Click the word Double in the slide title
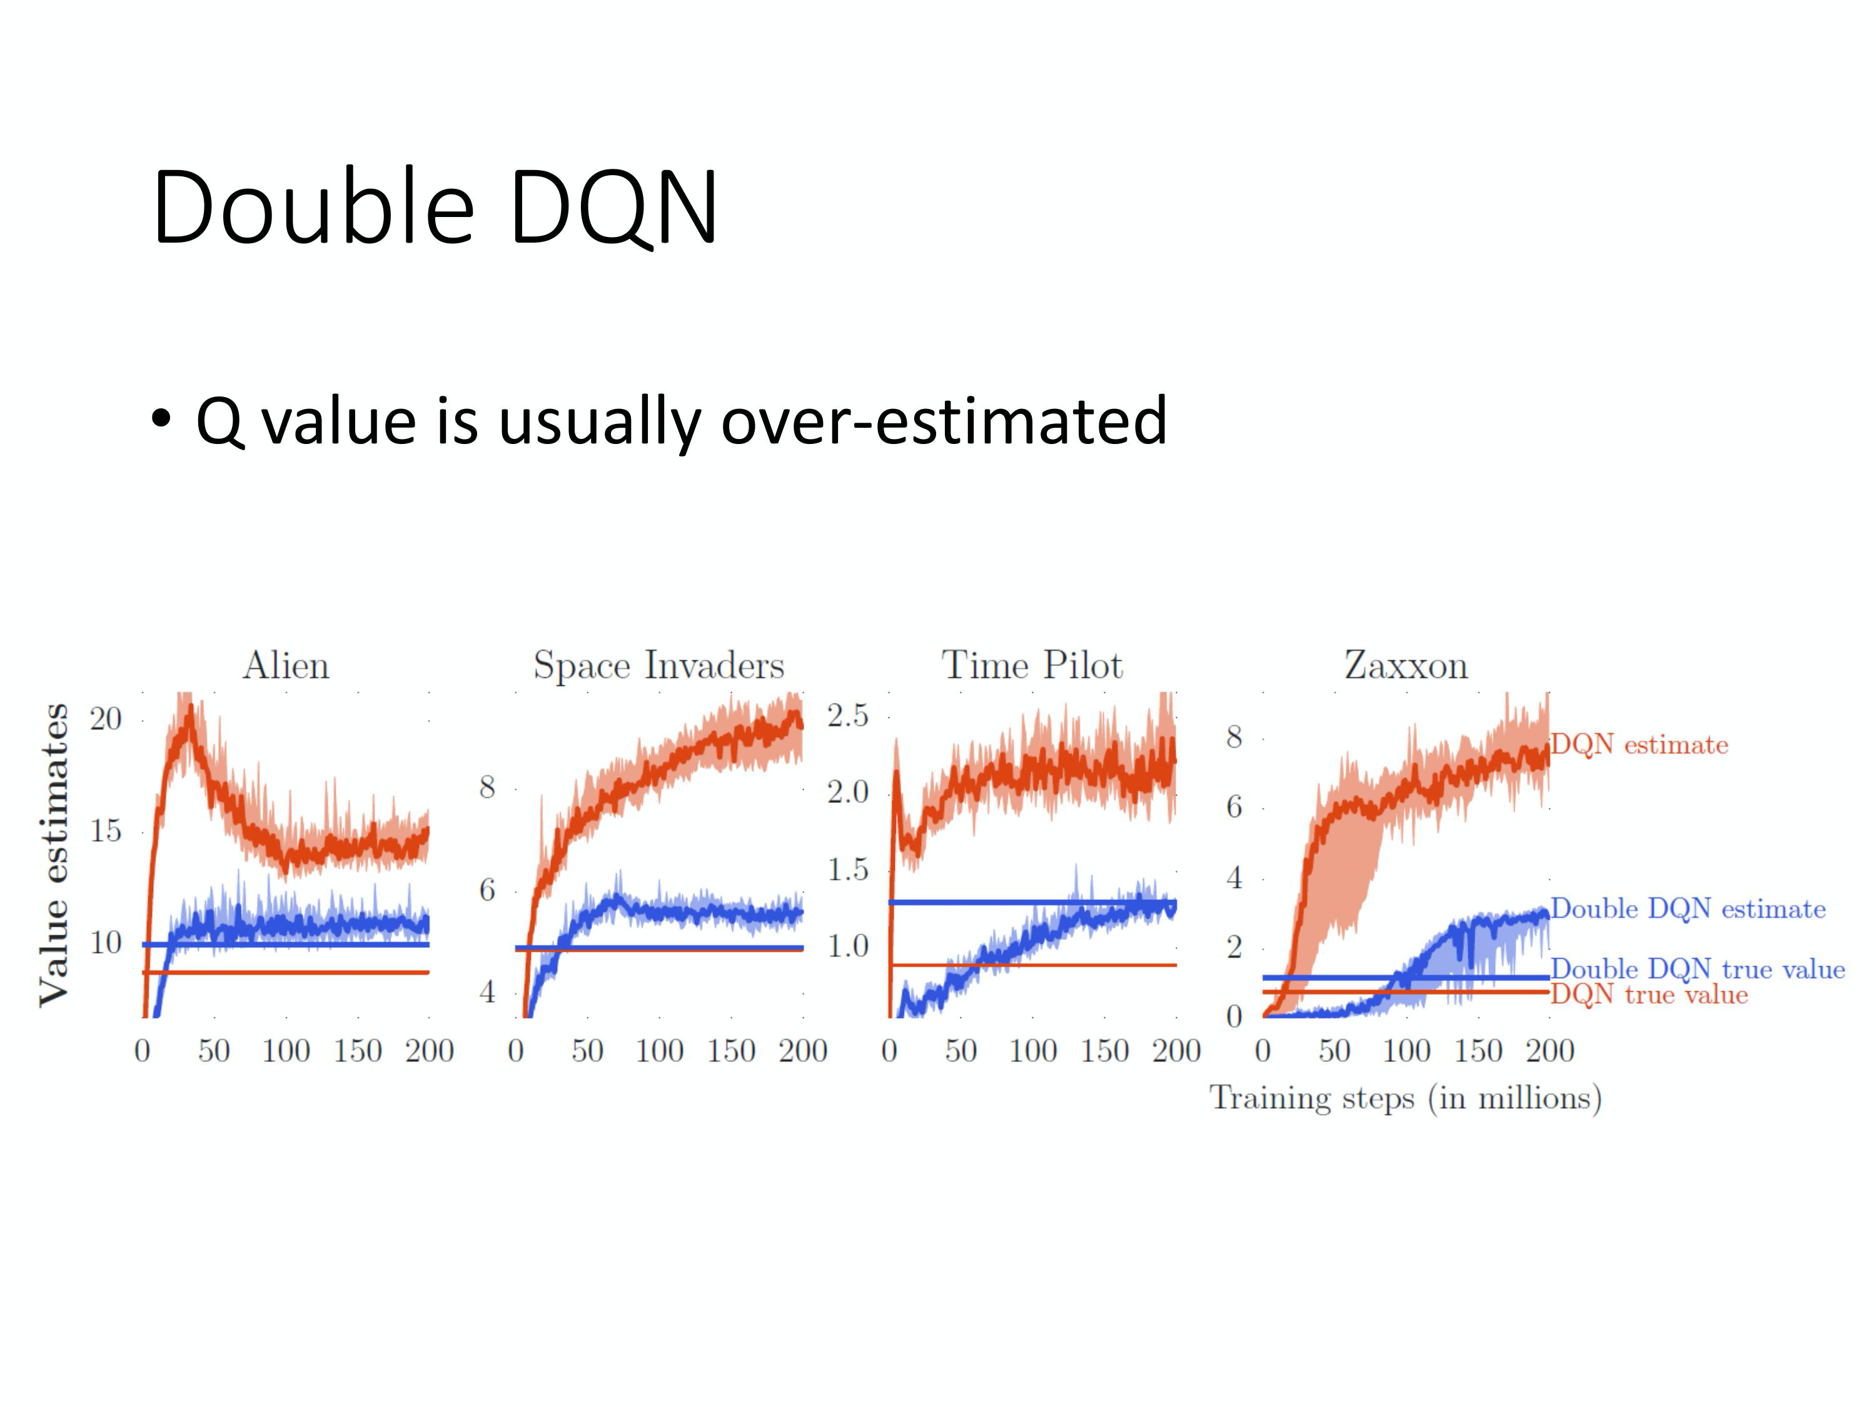click(x=314, y=208)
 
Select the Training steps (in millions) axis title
click(x=1405, y=1098)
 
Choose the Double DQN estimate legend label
click(x=1688, y=909)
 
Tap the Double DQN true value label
click(x=1697, y=969)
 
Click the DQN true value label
click(x=1649, y=995)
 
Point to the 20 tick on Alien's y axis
click(x=106, y=719)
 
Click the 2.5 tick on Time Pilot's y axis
click(x=848, y=716)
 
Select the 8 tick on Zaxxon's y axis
click(x=1234, y=737)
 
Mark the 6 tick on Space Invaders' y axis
click(x=487, y=890)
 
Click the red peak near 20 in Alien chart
click(x=190, y=712)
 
